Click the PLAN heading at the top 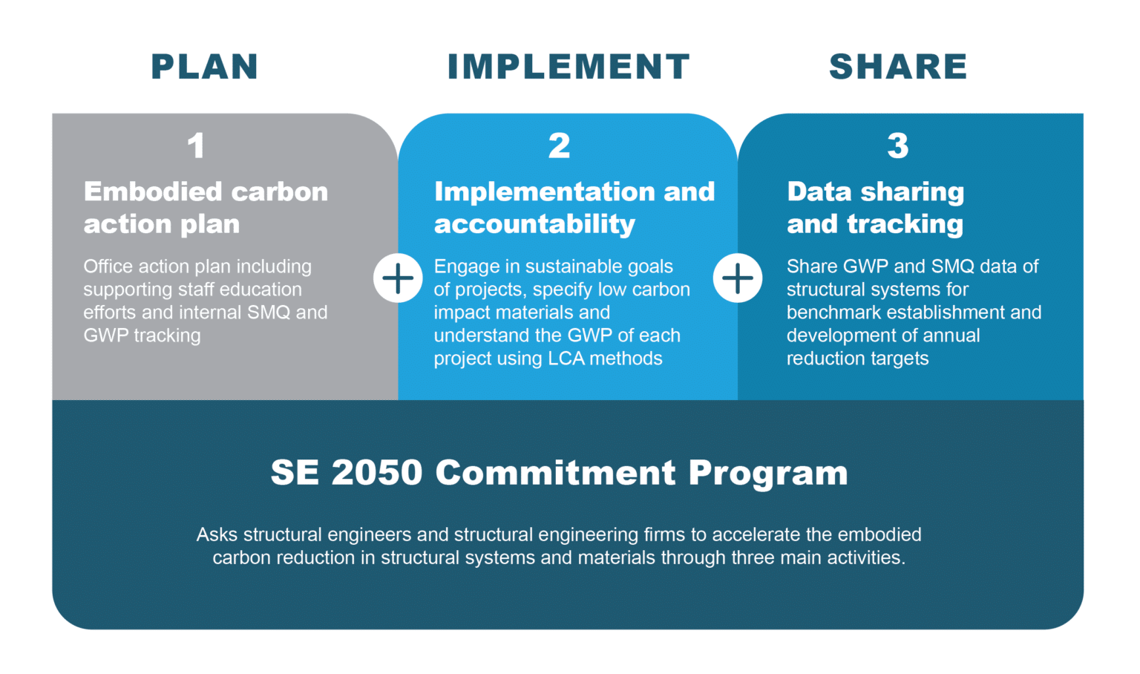[x=205, y=67]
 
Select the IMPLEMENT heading [x=569, y=67]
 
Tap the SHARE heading [x=898, y=67]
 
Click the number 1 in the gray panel [x=196, y=145]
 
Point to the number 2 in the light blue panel [x=560, y=145]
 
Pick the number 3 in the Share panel [x=898, y=145]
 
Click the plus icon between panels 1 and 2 [x=398, y=278]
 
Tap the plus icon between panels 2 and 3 [x=738, y=278]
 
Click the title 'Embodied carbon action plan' [x=206, y=208]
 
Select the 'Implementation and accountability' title [x=574, y=208]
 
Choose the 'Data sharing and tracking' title [x=876, y=208]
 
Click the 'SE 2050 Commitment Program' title [x=560, y=473]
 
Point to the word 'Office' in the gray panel [x=108, y=266]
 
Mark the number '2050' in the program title [x=377, y=473]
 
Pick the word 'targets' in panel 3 [x=900, y=359]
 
